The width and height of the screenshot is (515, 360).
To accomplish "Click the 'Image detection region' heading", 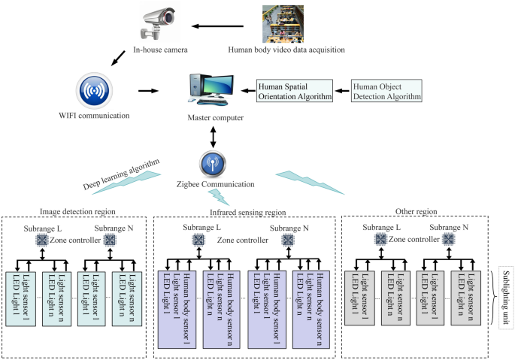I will coord(78,211).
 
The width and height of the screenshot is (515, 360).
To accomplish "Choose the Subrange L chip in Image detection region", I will coord(41,240).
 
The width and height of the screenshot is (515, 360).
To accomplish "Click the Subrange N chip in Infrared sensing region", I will coord(286,240).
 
